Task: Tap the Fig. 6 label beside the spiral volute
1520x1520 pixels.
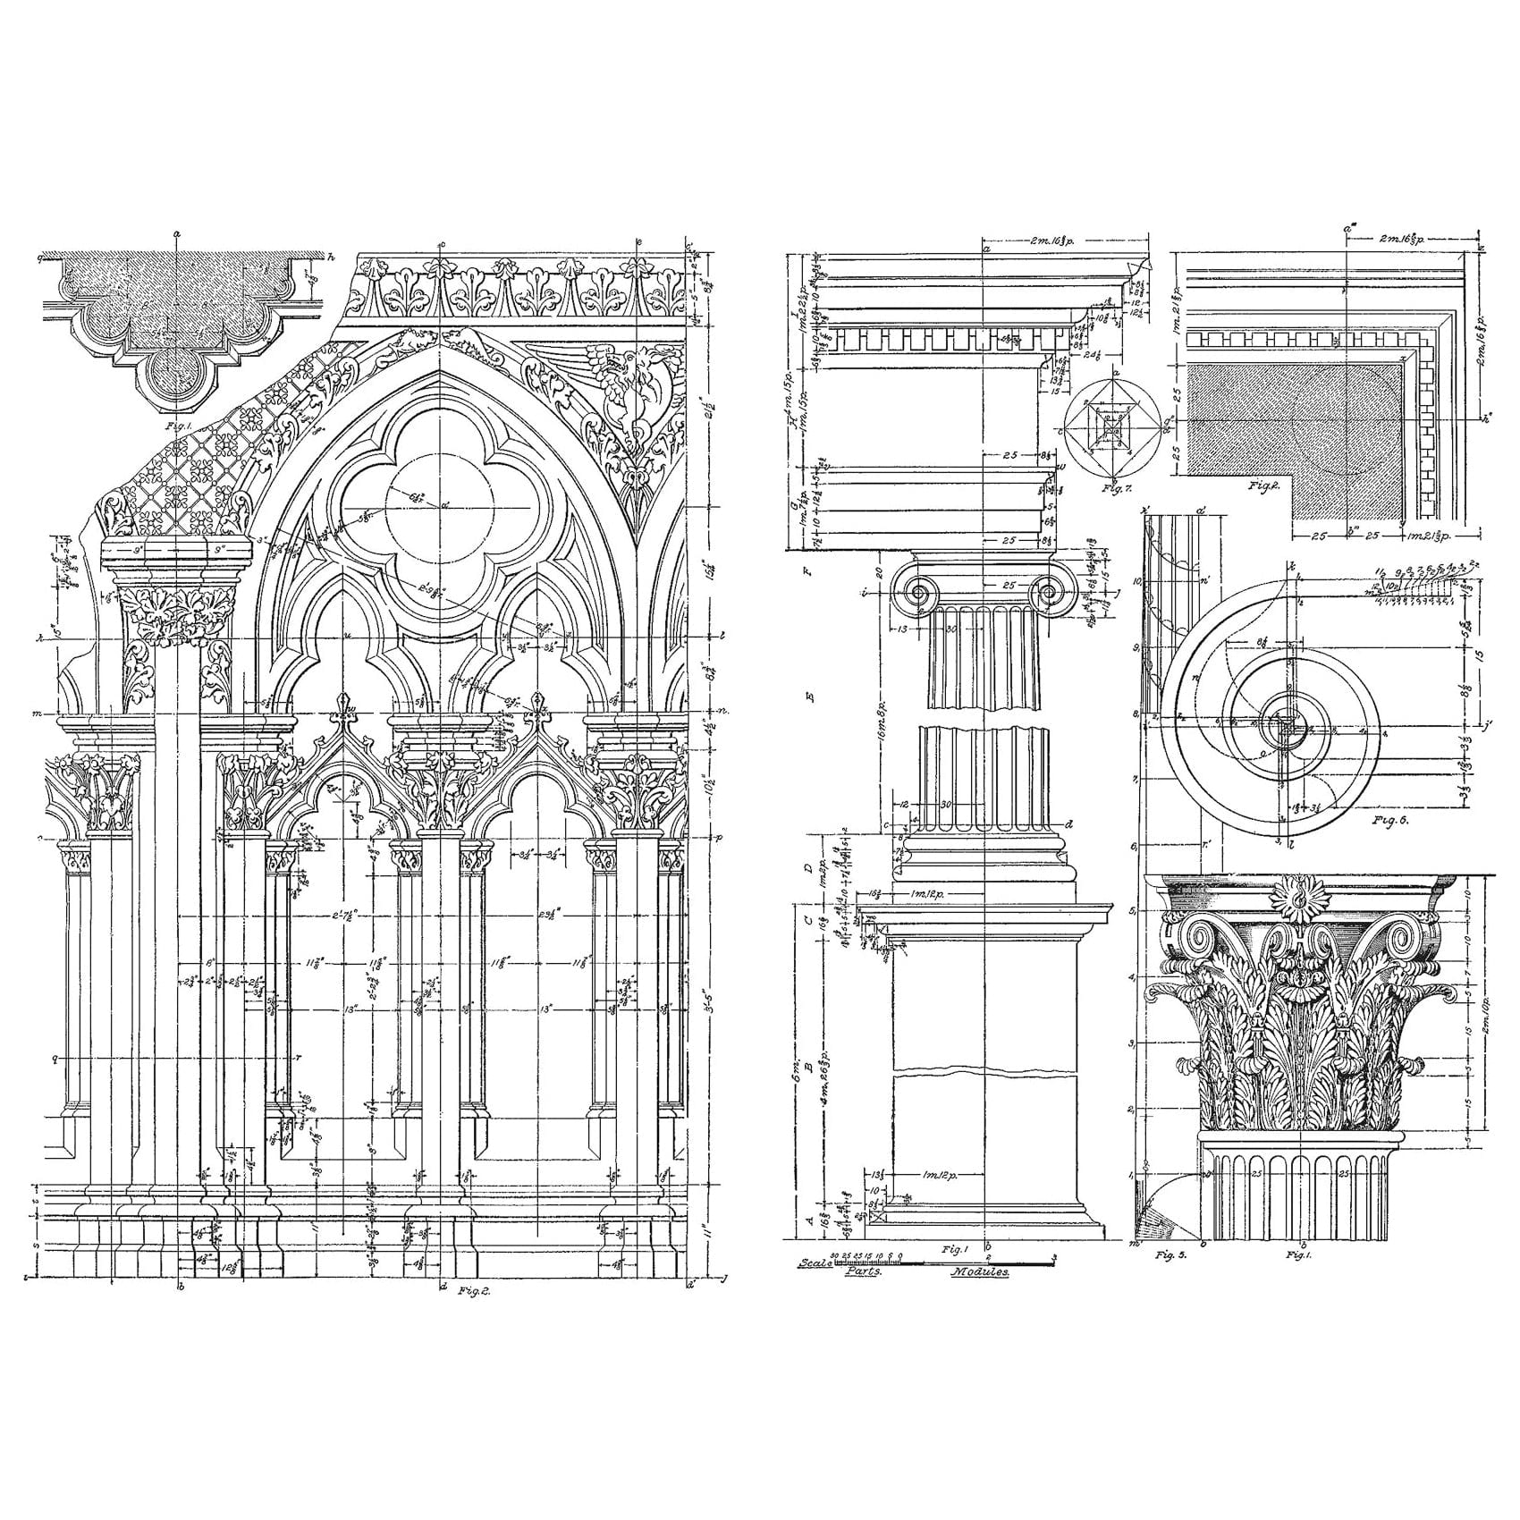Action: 1390,820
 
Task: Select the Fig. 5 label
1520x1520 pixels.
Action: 1170,1255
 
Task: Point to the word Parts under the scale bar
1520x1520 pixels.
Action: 863,1271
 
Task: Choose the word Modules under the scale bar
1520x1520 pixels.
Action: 980,1271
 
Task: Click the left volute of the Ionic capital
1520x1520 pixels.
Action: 916,592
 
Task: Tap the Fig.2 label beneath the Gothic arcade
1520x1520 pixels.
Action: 470,1290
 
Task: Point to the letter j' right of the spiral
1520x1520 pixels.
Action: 1488,725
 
